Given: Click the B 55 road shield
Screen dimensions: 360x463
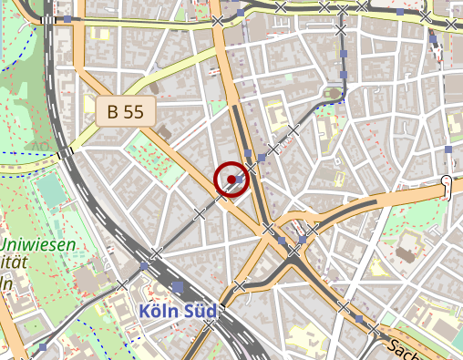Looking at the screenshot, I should tap(126, 112).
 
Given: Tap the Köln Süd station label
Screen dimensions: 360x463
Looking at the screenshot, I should tap(179, 312).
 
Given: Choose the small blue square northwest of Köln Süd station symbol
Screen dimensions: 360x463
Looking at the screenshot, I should tap(145, 265).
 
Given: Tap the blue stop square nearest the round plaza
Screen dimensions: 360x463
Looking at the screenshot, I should tap(344, 75).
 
